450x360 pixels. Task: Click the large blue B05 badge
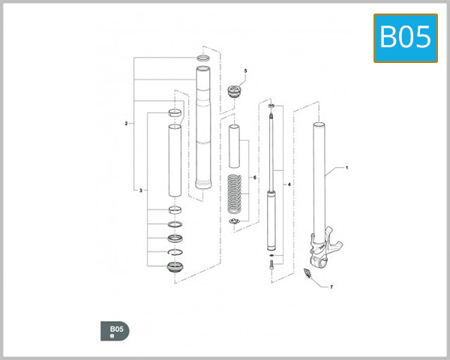(405, 37)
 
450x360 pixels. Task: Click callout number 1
(346, 168)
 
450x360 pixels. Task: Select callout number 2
(126, 122)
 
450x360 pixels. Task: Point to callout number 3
(141, 191)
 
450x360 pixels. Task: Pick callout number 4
(289, 183)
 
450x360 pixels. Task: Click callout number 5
(244, 70)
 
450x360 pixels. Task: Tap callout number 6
(255, 178)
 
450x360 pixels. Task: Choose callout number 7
(331, 286)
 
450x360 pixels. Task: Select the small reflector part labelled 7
(306, 274)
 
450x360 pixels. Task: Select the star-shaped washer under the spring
(234, 226)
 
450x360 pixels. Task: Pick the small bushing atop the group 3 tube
(174, 112)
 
